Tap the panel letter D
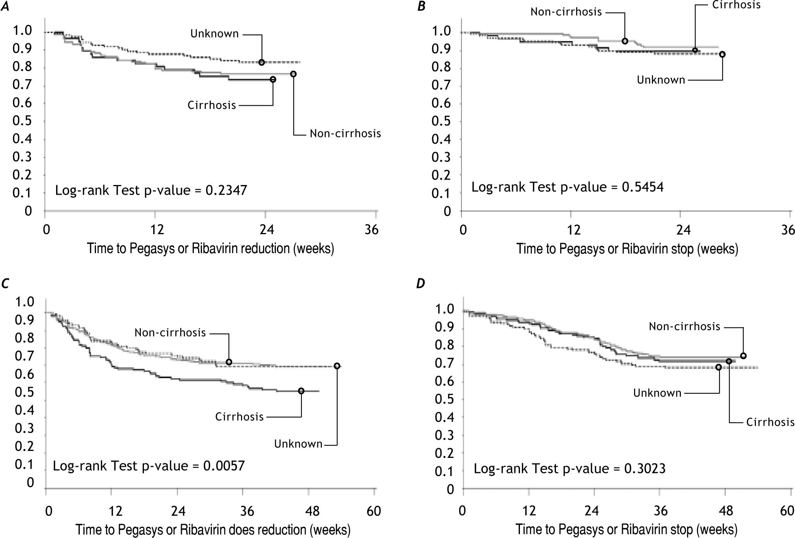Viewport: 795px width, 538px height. [x=421, y=284]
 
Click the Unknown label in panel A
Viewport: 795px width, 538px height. [x=214, y=34]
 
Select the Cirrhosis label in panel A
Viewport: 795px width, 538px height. [x=212, y=105]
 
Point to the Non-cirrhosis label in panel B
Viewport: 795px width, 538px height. [x=566, y=12]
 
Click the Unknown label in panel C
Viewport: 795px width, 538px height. [x=298, y=444]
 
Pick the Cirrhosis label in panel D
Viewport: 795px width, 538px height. [x=770, y=422]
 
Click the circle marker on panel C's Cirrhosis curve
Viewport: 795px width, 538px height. [x=301, y=391]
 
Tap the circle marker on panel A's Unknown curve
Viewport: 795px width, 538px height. [x=262, y=62]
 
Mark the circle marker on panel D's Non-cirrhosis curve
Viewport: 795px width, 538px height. [x=743, y=356]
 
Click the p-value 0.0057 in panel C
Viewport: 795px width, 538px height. [x=224, y=465]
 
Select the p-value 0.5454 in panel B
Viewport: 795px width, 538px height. [x=642, y=187]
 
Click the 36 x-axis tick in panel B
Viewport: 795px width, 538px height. [x=788, y=230]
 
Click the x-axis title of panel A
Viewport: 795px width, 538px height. [x=210, y=248]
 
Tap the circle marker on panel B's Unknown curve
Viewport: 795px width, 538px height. [x=722, y=55]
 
